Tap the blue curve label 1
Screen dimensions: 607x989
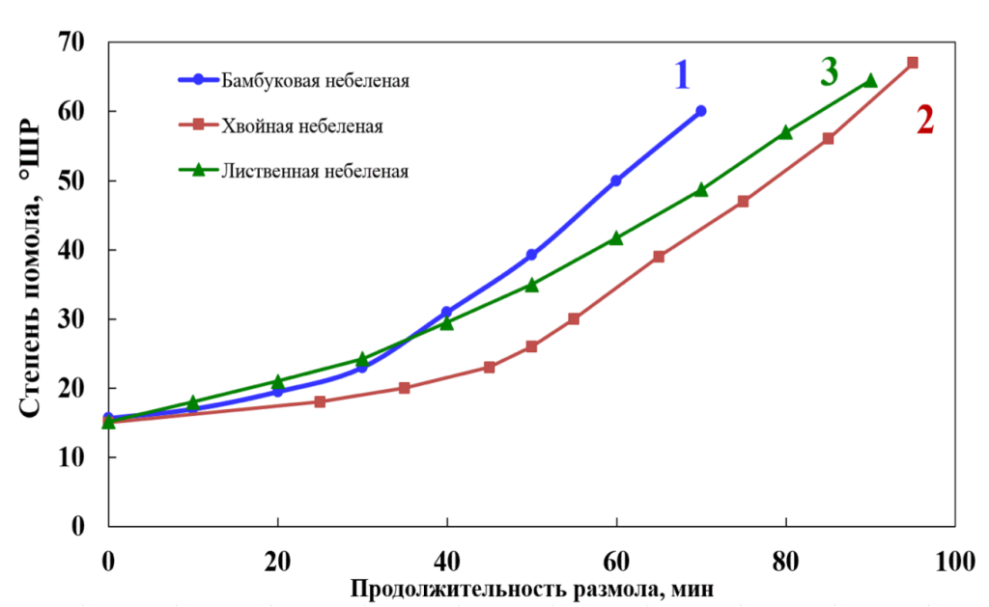coord(682,74)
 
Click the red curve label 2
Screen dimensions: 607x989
coord(924,121)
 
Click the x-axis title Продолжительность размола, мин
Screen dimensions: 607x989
coord(532,588)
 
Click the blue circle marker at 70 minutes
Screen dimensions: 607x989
coord(700,111)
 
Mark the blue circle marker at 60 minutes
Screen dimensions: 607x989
coord(616,180)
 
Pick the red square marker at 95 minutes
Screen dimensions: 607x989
coord(912,63)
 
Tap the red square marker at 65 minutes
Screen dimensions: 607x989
coord(659,257)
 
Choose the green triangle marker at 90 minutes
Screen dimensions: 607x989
coord(870,81)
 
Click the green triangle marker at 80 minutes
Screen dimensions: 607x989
coord(785,132)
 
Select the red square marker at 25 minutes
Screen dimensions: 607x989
coord(321,401)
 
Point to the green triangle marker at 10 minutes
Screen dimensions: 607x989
coord(193,401)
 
